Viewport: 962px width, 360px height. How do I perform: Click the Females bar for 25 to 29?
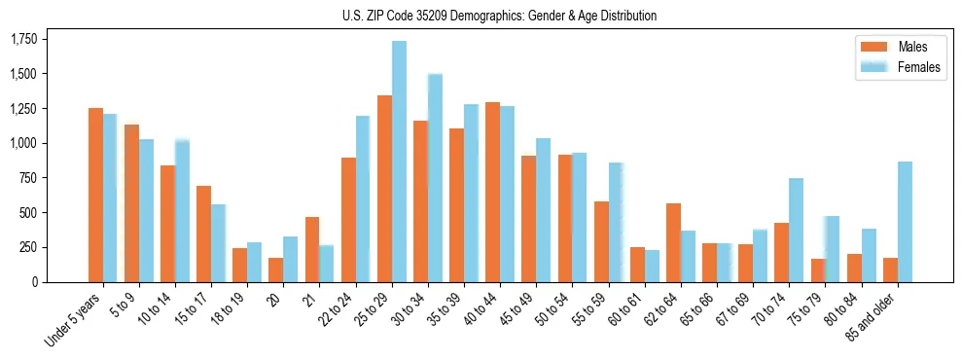399,162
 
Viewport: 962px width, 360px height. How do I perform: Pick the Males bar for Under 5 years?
95,195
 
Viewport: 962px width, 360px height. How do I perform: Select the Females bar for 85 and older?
905,222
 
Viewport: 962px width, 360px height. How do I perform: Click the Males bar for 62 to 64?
673,242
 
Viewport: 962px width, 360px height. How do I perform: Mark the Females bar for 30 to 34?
435,178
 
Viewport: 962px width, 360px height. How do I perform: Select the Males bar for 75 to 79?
817,270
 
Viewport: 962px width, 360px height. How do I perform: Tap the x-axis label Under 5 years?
73,321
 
